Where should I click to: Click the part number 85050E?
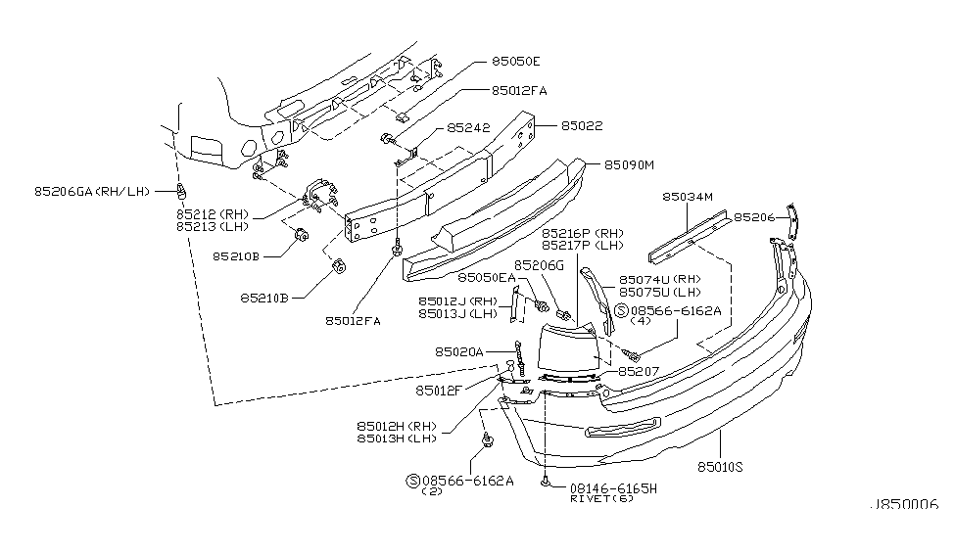tap(516, 61)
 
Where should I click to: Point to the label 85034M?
tap(689, 197)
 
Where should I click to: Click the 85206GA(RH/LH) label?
tap(92, 191)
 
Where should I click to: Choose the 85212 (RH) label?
tap(213, 213)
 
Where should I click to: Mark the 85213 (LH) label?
tap(213, 226)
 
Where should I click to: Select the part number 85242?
tap(469, 127)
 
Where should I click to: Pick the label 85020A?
tap(458, 350)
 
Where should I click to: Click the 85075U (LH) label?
tap(661, 292)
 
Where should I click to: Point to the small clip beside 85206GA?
tap(182, 189)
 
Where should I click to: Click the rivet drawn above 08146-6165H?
tap(544, 481)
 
